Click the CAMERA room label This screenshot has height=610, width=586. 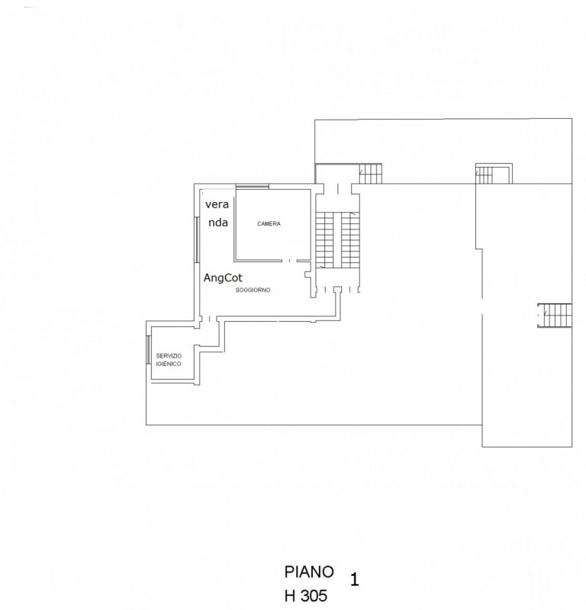(x=269, y=224)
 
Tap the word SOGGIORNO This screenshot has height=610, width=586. (x=253, y=291)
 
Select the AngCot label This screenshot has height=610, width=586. (x=224, y=279)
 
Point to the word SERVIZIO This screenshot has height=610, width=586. (x=169, y=356)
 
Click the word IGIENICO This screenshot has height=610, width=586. (x=169, y=364)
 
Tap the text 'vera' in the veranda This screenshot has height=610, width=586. (x=216, y=205)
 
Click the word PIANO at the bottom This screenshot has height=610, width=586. (x=309, y=571)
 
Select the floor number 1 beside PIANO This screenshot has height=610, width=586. (x=354, y=579)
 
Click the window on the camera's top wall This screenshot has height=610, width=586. (x=252, y=187)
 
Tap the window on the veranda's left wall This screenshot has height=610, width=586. (x=197, y=240)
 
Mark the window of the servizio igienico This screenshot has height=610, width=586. (x=148, y=353)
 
